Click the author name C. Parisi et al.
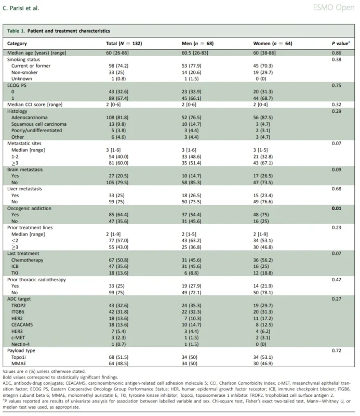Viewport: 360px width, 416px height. click(x=21, y=8)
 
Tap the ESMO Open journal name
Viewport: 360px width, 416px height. click(x=334, y=8)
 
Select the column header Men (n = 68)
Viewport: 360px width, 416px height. click(x=197, y=44)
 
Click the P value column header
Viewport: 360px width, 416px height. click(x=341, y=43)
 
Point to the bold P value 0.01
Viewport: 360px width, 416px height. click(x=337, y=209)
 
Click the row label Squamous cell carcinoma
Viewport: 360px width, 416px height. click(x=39, y=124)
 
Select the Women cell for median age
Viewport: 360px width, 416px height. click(x=264, y=53)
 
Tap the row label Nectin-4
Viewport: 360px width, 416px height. click(x=20, y=344)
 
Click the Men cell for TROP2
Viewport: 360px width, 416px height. click(x=191, y=305)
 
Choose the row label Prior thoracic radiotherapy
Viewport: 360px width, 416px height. click(x=36, y=280)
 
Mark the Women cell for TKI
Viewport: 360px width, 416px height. click(x=263, y=273)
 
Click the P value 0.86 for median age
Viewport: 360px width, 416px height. click(x=337, y=53)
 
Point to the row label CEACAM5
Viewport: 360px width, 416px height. click(x=22, y=324)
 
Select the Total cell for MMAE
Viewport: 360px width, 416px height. click(x=118, y=363)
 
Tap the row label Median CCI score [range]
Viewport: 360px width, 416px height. click(x=35, y=105)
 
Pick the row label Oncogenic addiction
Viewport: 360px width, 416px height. click(x=29, y=209)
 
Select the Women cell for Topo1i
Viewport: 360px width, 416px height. click(x=263, y=357)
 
